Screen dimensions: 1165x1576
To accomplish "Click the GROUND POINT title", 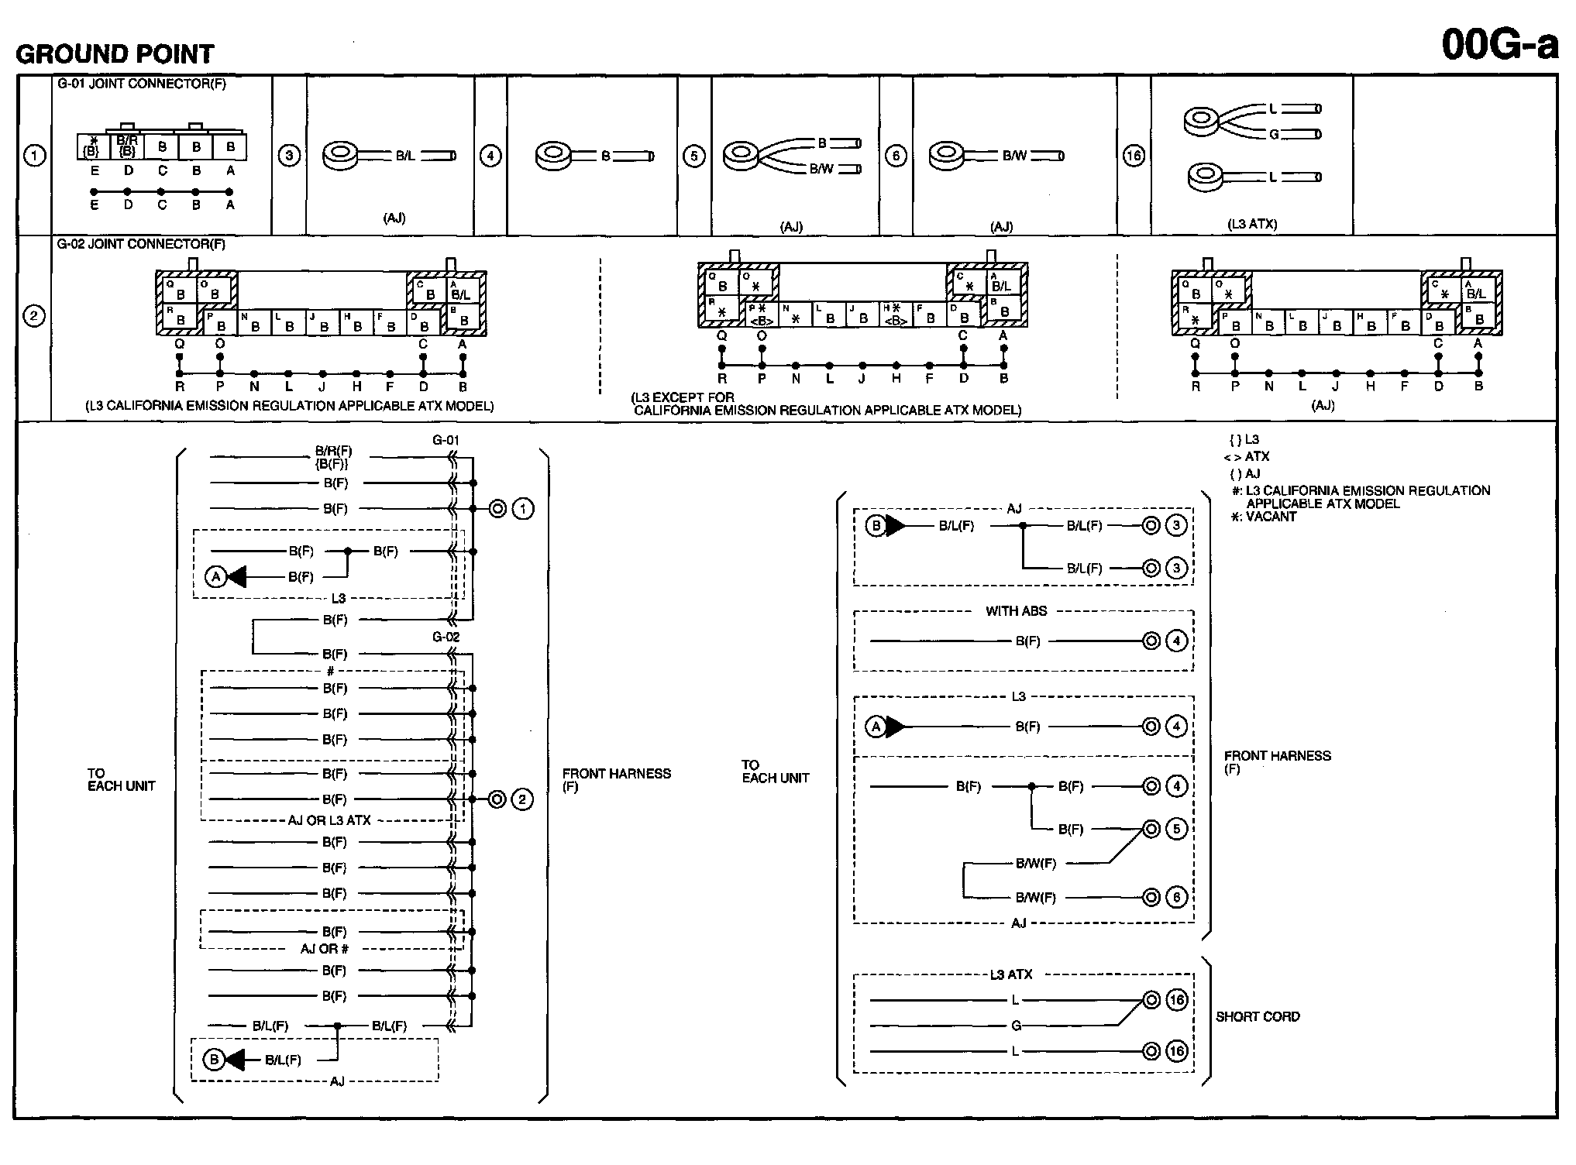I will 115,54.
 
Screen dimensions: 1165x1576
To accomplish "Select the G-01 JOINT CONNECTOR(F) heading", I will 142,84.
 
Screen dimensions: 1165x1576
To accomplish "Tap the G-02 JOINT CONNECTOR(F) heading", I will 142,244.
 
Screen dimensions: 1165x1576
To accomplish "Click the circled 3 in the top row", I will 289,156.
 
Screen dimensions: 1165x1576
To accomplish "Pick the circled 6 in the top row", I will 896,156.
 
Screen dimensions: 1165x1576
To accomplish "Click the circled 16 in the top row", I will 1134,156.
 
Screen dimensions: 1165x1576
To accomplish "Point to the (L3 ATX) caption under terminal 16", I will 1252,224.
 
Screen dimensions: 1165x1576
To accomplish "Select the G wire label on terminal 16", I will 1274,135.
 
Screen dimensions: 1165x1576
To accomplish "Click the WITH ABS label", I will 1016,611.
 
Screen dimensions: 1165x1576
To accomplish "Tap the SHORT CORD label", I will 1258,1016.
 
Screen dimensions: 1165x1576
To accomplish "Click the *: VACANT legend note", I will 1263,517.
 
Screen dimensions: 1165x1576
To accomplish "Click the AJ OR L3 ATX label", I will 329,820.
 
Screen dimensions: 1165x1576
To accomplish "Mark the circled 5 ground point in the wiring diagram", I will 1176,829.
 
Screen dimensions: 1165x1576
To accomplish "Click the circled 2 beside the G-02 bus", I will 522,799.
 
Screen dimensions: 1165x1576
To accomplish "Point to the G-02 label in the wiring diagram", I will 446,637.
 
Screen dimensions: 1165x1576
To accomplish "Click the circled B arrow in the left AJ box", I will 214,1060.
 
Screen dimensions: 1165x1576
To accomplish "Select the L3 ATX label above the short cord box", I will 1010,974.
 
